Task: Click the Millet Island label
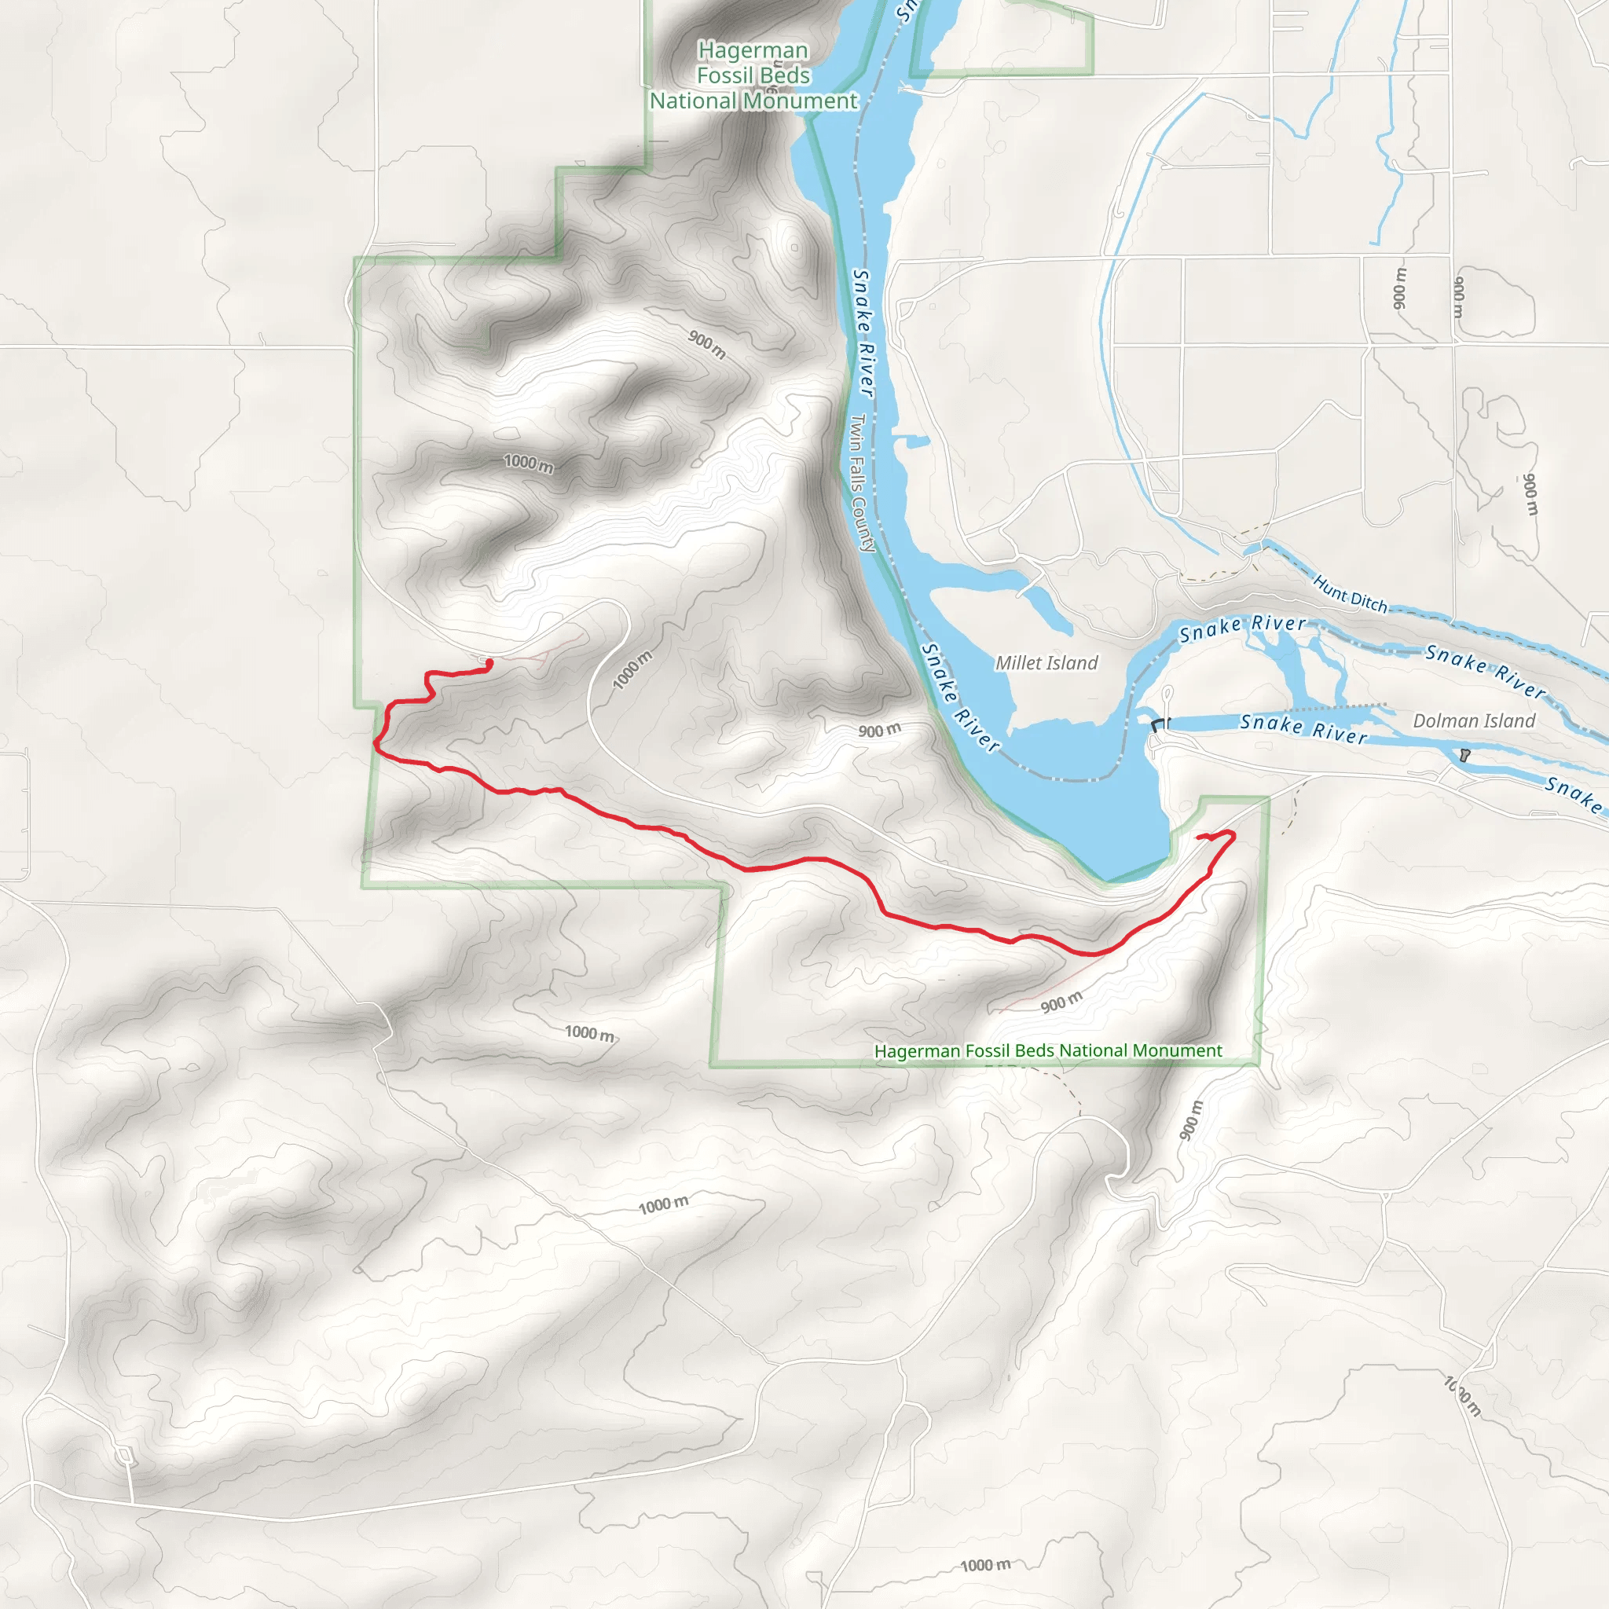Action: [x=1046, y=663]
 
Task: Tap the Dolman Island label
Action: [x=1474, y=721]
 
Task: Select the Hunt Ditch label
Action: [x=1350, y=594]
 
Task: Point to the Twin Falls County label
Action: [x=862, y=483]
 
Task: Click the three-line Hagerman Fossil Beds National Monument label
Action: [x=753, y=75]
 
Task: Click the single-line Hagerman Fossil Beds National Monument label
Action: [x=1048, y=1051]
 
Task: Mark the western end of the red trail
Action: [x=489, y=663]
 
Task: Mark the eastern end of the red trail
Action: [x=1197, y=835]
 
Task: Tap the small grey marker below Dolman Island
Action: [x=1465, y=755]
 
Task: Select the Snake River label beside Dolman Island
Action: [x=1303, y=729]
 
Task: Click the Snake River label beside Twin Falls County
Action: [x=863, y=333]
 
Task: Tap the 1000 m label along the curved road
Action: [x=632, y=670]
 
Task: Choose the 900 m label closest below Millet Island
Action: [x=879, y=731]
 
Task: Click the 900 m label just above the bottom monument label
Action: [x=1062, y=1002]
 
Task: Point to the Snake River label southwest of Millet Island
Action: [x=959, y=698]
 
